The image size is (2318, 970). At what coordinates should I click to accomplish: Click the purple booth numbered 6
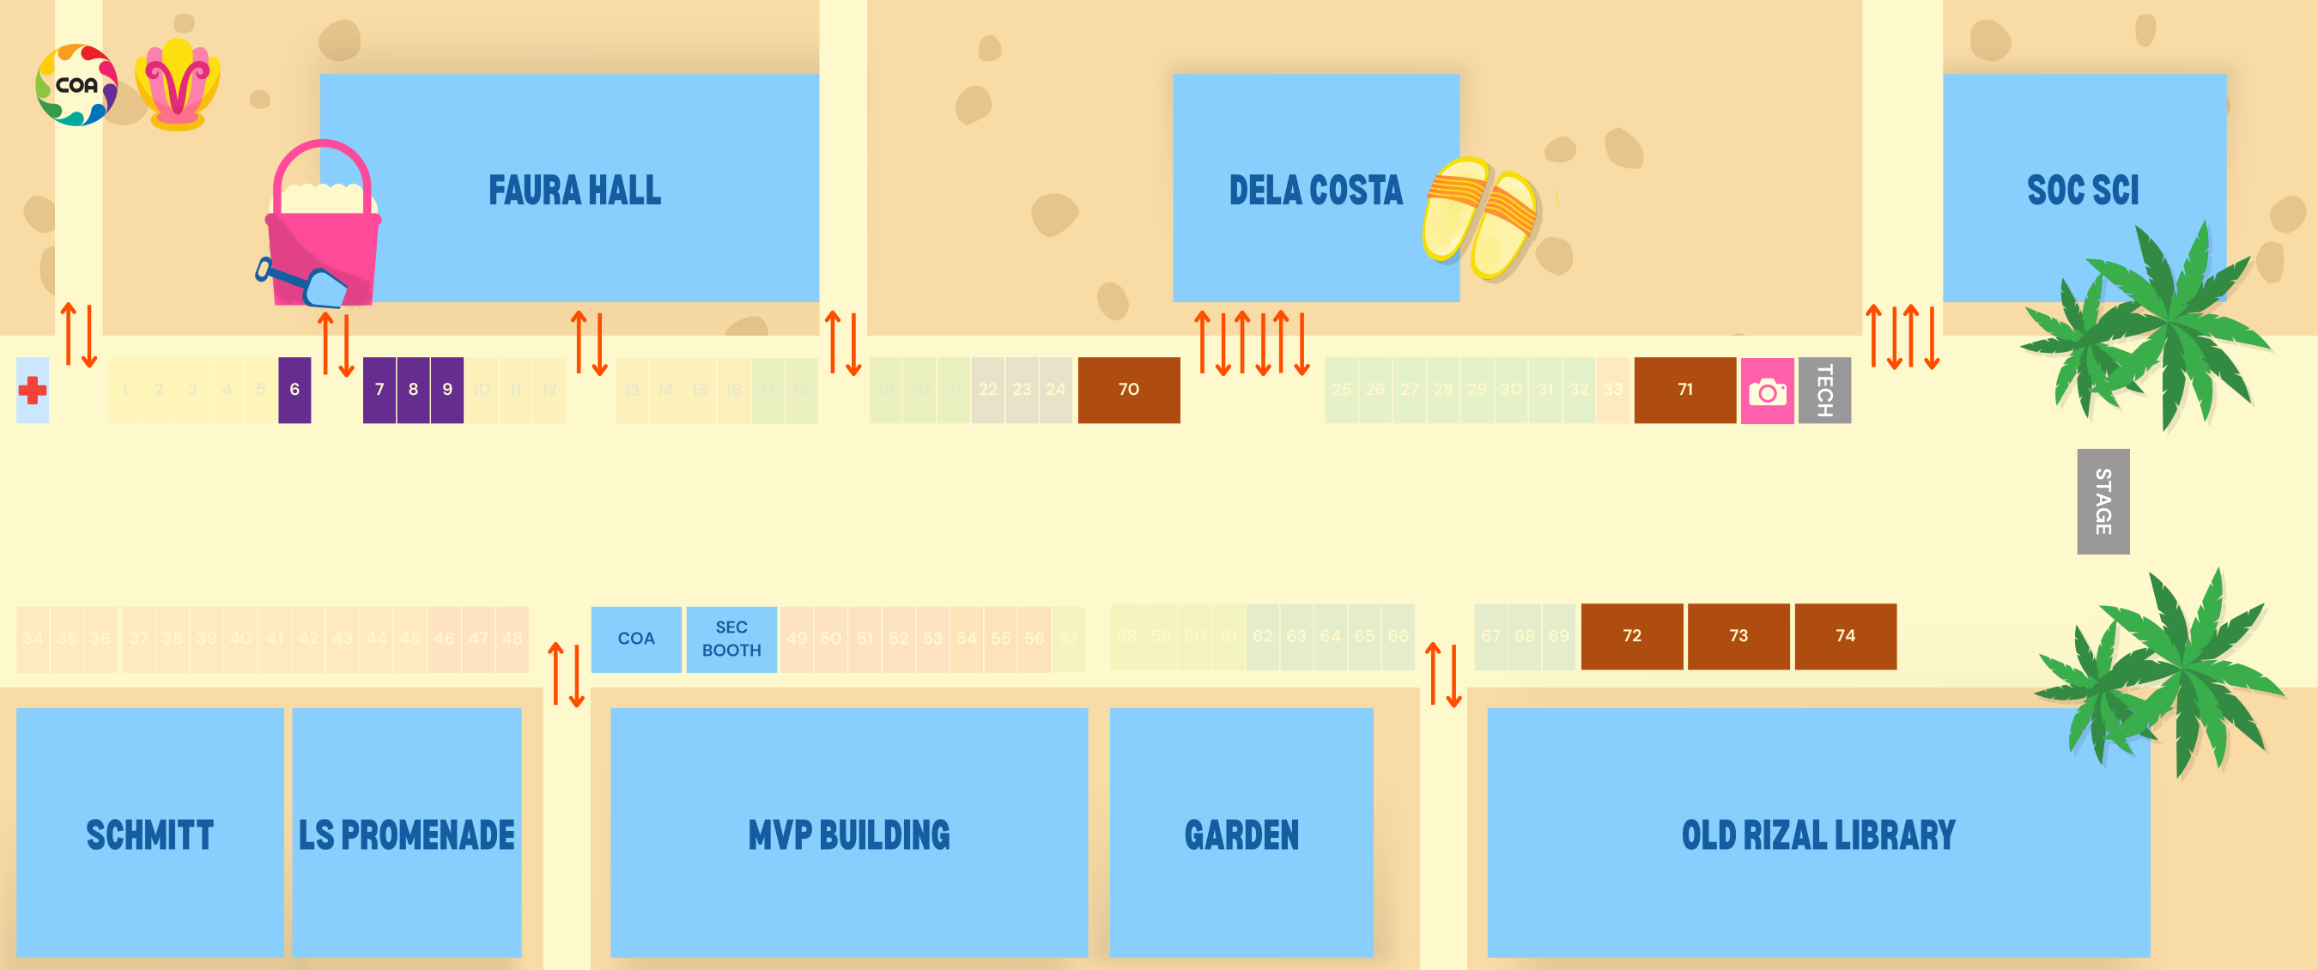click(294, 390)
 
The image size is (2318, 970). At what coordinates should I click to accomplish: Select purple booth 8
click(413, 390)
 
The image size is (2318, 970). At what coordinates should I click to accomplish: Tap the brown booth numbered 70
click(1128, 390)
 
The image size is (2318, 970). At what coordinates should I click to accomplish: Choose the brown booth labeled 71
click(1684, 390)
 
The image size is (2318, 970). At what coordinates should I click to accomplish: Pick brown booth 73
click(1738, 636)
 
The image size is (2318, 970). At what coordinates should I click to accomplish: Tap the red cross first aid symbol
click(33, 391)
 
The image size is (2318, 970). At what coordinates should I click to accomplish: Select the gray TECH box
click(1824, 391)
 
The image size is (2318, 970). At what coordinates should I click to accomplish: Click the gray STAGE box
click(2103, 501)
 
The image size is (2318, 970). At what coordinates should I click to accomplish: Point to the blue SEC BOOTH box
click(731, 639)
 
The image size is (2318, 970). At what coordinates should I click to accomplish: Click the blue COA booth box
click(635, 639)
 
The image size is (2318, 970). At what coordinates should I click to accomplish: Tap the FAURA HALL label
click(574, 191)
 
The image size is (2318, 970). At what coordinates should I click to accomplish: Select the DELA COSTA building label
click(1315, 191)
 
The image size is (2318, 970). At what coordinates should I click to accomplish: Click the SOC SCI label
click(2082, 191)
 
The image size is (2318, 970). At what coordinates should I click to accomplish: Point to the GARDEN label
click(1241, 835)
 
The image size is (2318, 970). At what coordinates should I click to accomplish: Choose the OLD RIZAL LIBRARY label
click(1817, 835)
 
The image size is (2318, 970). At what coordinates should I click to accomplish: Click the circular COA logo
click(76, 86)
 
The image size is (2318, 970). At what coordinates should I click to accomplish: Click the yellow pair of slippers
click(1480, 218)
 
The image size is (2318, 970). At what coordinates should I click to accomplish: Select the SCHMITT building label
click(149, 835)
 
